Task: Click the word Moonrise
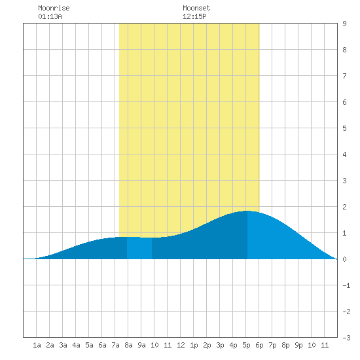[54, 8]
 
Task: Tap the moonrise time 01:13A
[50, 16]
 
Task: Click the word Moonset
[196, 8]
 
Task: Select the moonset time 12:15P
[194, 16]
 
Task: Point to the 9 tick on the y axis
[344, 24]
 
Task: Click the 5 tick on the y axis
[344, 128]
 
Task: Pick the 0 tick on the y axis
[344, 259]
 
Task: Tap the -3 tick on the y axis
[346, 338]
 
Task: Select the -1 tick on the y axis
[346, 285]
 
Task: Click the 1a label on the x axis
[37, 345]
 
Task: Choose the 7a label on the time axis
[115, 345]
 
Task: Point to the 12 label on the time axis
[181, 345]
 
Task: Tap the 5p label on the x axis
[246, 345]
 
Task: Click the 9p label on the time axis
[298, 345]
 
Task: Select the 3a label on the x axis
[63, 345]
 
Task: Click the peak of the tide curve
[247, 211]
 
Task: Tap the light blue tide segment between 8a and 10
[139, 248]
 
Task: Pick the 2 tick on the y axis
[344, 207]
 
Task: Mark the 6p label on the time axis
[259, 345]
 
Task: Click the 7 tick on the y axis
[344, 76]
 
